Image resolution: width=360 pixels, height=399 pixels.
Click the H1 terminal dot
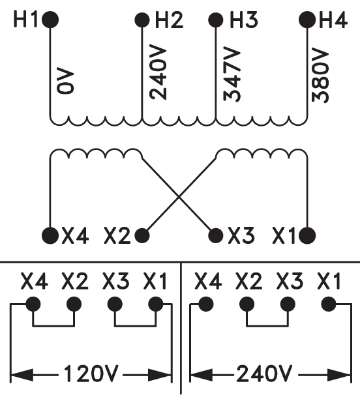pos(50,20)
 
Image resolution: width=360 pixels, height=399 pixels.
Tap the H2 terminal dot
pos(142,20)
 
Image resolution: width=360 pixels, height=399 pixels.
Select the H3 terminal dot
pos(216,20)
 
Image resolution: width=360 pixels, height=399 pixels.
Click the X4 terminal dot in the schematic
pos(50,235)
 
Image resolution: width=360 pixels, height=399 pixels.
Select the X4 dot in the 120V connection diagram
pos(33,304)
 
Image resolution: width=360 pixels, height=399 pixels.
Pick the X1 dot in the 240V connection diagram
pos(329,304)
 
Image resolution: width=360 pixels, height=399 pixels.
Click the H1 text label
pos(27,20)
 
